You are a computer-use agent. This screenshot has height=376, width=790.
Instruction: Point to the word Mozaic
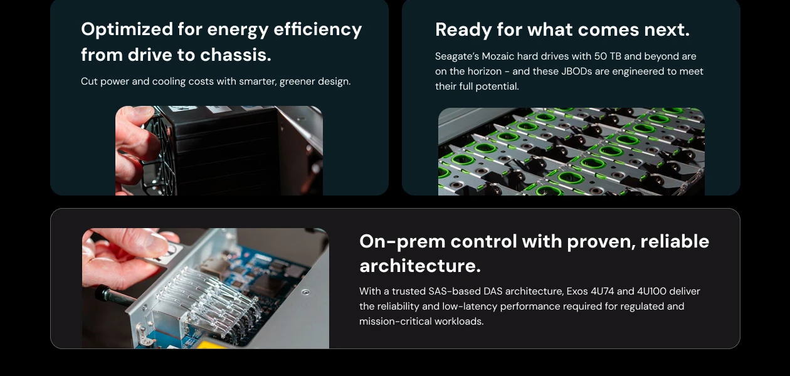pyautogui.click(x=498, y=56)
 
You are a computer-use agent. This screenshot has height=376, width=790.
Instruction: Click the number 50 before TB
pyautogui.click(x=601, y=56)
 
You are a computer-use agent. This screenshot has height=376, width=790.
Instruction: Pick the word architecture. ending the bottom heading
pyautogui.click(x=420, y=266)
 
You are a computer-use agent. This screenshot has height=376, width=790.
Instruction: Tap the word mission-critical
pyautogui.click(x=398, y=321)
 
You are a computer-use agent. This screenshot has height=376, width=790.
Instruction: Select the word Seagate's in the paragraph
pyautogui.click(x=457, y=56)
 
